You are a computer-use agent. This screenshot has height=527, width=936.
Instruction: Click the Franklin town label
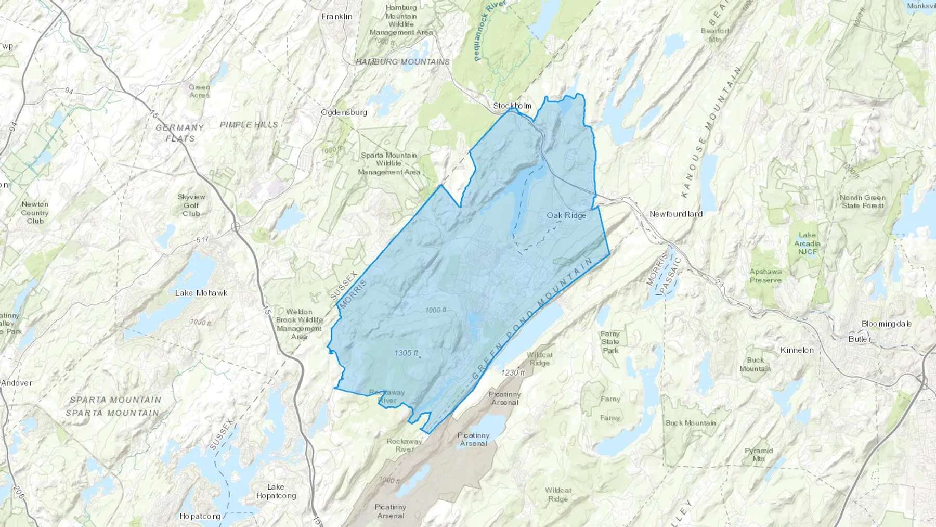(336, 17)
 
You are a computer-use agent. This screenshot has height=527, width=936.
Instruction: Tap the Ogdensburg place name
(344, 112)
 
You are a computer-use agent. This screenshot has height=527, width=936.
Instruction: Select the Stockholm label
(512, 106)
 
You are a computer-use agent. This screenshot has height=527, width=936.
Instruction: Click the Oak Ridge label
(566, 215)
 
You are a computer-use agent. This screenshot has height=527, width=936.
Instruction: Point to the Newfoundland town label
(675, 214)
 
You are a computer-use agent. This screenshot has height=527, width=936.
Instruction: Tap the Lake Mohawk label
(201, 293)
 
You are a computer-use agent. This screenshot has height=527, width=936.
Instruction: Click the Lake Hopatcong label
(276, 491)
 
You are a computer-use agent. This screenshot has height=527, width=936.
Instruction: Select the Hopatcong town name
(200, 516)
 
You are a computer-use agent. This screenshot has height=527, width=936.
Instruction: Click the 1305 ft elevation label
(406, 353)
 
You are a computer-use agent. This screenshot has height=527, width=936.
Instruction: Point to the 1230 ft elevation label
(513, 372)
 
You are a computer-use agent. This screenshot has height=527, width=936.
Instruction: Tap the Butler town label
(860, 339)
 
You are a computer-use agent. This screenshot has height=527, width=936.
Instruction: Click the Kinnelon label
(797, 350)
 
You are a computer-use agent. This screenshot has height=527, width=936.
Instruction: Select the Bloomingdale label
(886, 324)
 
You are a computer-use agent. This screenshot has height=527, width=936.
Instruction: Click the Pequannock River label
(483, 31)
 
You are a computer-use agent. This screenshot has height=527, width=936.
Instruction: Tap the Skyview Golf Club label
(191, 205)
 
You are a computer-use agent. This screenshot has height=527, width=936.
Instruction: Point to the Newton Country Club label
(35, 212)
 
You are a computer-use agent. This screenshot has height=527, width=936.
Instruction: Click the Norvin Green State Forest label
(862, 201)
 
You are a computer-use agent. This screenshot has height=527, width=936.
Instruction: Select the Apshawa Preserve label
(765, 276)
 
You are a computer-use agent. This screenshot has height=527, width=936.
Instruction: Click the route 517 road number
(202, 240)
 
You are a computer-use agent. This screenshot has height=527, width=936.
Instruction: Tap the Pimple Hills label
(249, 125)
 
